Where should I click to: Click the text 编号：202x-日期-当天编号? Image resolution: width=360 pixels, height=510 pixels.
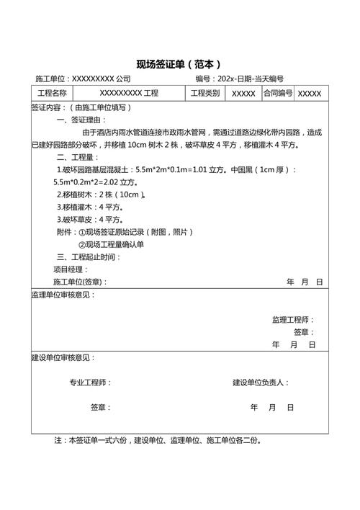tap(239, 79)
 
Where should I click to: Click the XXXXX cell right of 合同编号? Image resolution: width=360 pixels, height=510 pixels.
tap(310, 94)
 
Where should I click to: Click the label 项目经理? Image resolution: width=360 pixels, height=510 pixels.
tap(71, 269)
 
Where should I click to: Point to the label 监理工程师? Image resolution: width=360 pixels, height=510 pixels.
tap(292, 319)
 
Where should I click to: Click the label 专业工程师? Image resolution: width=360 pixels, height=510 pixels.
tap(90, 382)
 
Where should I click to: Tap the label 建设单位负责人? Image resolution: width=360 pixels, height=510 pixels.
tap(261, 382)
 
